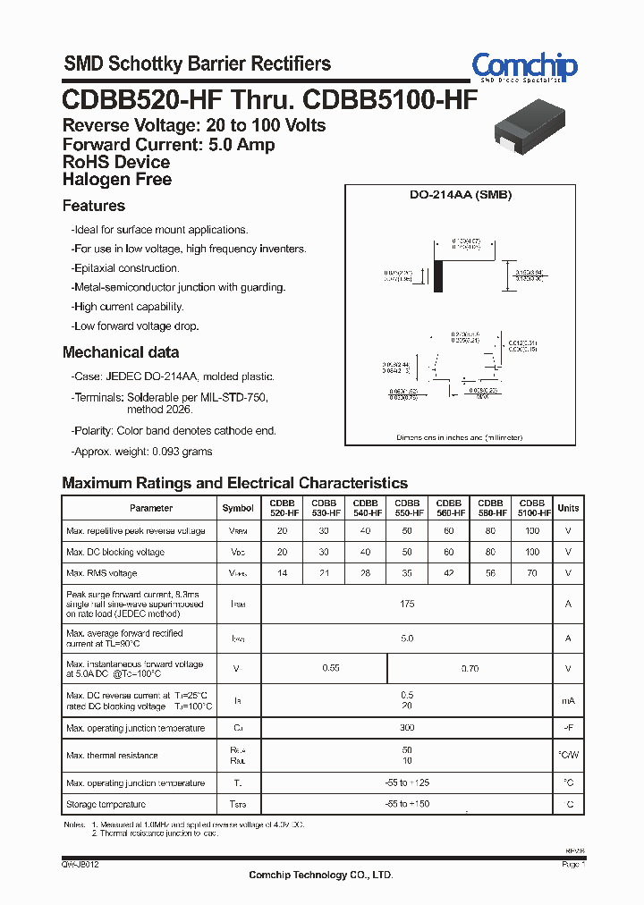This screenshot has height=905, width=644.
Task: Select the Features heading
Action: click(x=94, y=206)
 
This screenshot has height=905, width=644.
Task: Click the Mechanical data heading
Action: click(x=121, y=352)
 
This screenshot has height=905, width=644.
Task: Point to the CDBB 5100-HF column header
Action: click(x=532, y=508)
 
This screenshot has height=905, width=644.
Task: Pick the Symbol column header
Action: click(x=238, y=508)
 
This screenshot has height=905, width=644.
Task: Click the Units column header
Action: click(x=568, y=508)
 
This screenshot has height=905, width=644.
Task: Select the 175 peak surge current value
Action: click(x=407, y=605)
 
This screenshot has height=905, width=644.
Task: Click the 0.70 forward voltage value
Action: click(x=470, y=668)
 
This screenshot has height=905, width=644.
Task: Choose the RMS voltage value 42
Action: click(x=449, y=573)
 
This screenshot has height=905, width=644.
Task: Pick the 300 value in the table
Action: click(x=407, y=728)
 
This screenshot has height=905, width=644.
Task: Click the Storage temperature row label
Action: click(x=106, y=805)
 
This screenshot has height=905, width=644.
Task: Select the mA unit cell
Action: click(x=568, y=701)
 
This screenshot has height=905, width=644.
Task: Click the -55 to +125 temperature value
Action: click(x=407, y=783)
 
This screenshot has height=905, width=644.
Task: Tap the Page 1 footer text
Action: click(x=573, y=865)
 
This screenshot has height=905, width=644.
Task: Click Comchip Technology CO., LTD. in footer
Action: click(x=320, y=875)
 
